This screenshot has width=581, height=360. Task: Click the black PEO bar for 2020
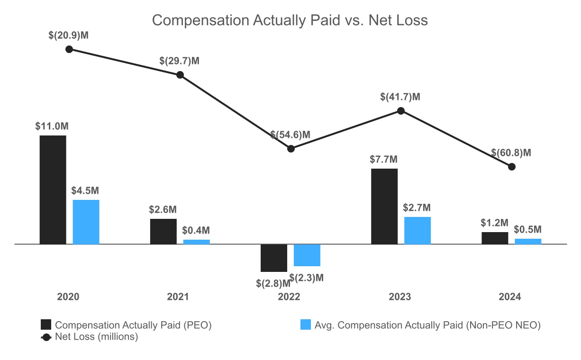[53, 190]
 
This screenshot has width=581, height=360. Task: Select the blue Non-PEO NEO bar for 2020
[86, 222]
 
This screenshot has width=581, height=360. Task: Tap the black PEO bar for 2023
[384, 207]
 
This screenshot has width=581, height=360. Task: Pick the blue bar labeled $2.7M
[418, 230]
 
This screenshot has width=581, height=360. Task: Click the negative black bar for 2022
[274, 258]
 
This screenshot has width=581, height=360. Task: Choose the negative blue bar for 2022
[307, 255]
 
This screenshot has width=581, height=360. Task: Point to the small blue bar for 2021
[196, 242]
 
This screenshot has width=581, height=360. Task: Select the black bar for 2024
[495, 238]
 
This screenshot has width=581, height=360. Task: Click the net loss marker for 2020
[69, 49]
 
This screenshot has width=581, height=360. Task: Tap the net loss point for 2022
[291, 149]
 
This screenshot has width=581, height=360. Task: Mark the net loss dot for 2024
[512, 167]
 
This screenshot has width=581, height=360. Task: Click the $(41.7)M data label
[400, 97]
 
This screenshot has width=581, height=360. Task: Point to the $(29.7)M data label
[179, 61]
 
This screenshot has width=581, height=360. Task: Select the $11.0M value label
[52, 126]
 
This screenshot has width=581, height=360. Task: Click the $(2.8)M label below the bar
[273, 283]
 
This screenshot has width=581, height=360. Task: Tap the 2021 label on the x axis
[178, 297]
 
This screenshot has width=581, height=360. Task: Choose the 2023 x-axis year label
[399, 297]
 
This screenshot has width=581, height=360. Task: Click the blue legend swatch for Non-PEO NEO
[306, 325]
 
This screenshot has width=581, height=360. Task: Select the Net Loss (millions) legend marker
[46, 337]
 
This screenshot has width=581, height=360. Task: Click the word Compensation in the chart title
[200, 20]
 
